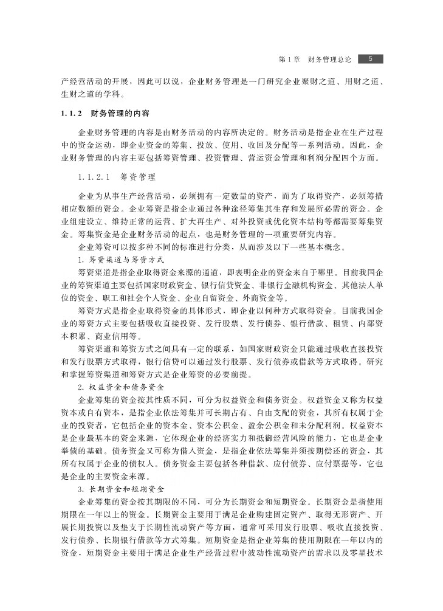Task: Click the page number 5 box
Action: (x=370, y=59)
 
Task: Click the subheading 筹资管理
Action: (x=138, y=178)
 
